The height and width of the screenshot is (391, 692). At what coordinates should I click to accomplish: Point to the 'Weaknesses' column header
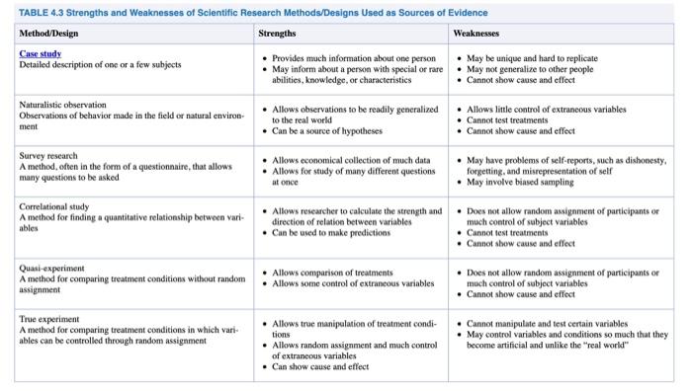(477, 33)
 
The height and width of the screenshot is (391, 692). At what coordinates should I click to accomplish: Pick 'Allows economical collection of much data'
(351, 160)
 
